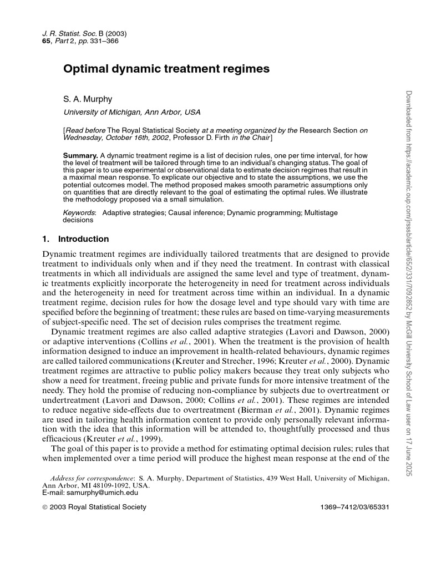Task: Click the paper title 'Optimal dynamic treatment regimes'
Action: pyautogui.click(x=166, y=69)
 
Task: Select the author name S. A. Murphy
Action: pyautogui.click(x=88, y=99)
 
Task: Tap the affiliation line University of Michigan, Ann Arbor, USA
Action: pyautogui.click(x=132, y=112)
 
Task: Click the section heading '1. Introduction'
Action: pyautogui.click(x=75, y=239)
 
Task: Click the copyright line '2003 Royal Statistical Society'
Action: pyautogui.click(x=98, y=506)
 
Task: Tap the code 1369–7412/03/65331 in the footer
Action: pyautogui.click(x=356, y=506)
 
